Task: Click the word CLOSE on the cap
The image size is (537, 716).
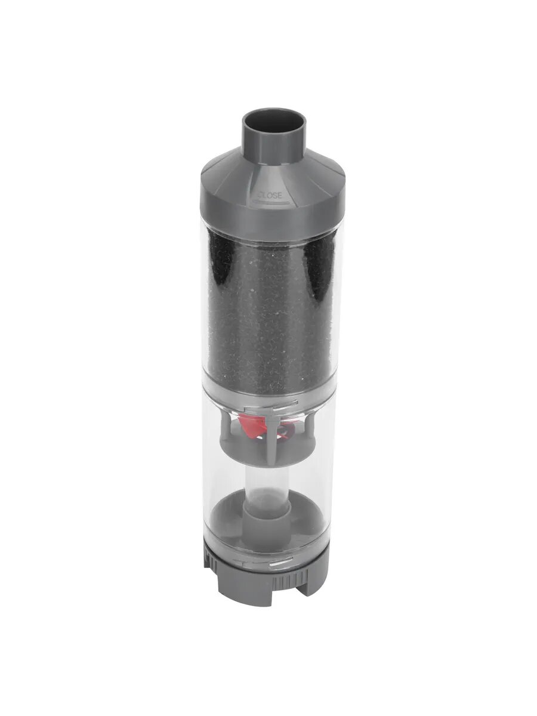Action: coord(269,196)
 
